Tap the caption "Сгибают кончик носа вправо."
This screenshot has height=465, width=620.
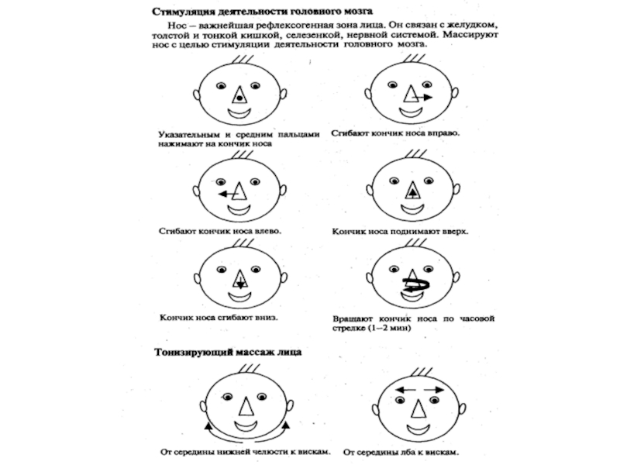tap(395, 133)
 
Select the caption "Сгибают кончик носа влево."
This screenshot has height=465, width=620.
tap(220, 230)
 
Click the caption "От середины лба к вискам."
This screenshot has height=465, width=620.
tap(398, 450)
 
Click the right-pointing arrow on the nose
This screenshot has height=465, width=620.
tap(424, 97)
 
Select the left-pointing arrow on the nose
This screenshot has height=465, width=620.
tap(226, 193)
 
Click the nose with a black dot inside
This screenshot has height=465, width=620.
tap(240, 95)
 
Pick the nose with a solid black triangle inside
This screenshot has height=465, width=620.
tap(414, 188)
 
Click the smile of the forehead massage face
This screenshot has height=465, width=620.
tap(416, 426)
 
